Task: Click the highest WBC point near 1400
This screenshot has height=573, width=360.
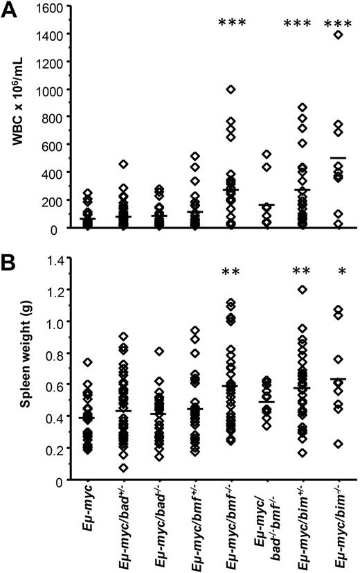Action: pyautogui.click(x=337, y=35)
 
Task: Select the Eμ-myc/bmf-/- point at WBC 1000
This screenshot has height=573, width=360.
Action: pyautogui.click(x=230, y=89)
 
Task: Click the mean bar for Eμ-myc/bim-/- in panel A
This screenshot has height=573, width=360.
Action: pyautogui.click(x=337, y=158)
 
